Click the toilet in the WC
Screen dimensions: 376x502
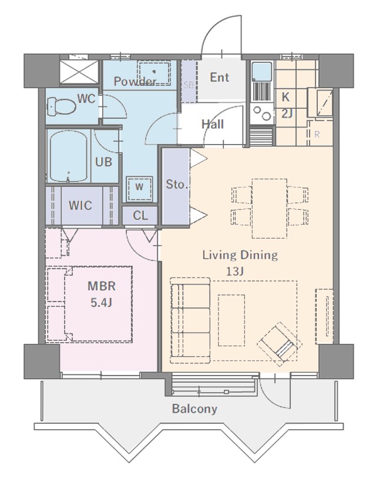pyautogui.click(x=61, y=107)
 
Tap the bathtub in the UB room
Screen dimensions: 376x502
pyautogui.click(x=69, y=156)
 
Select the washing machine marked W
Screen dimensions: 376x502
pyautogui.click(x=139, y=189)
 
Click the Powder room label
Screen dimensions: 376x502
pyautogui.click(x=135, y=81)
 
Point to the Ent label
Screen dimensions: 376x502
pyautogui.click(x=220, y=77)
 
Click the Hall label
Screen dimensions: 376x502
pyautogui.click(x=213, y=124)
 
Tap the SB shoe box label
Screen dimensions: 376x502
pyautogui.click(x=189, y=85)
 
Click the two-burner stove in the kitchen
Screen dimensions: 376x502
pyautogui.click(x=262, y=113)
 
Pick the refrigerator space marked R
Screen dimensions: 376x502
pyautogui.click(x=317, y=135)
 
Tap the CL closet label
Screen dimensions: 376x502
pyautogui.click(x=140, y=216)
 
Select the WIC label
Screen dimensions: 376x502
pyautogui.click(x=80, y=205)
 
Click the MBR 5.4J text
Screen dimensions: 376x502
pyautogui.click(x=102, y=294)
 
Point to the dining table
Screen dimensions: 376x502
pyautogui.click(x=269, y=209)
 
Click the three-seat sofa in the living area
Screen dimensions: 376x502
pyautogui.click(x=190, y=320)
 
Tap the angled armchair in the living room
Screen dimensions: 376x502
pyautogui.click(x=280, y=344)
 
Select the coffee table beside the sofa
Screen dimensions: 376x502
pyautogui.click(x=231, y=320)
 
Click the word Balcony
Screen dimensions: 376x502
pyautogui.click(x=194, y=409)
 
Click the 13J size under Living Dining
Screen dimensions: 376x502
pyautogui.click(x=235, y=272)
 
